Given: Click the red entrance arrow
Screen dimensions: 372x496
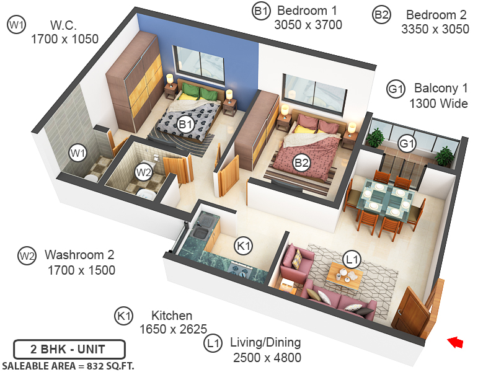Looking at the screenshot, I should [456, 342].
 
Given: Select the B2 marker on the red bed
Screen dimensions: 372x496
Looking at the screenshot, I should [301, 163].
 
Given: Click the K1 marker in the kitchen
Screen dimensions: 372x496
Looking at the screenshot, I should [244, 246].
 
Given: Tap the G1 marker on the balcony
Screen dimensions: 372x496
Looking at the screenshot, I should [407, 144].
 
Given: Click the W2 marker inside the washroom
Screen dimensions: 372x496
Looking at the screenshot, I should [144, 172].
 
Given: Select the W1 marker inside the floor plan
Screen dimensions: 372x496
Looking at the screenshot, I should [77, 153].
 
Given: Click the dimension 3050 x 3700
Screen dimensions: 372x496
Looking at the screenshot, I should [308, 25].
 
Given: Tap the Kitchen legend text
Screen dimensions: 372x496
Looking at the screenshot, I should [172, 316].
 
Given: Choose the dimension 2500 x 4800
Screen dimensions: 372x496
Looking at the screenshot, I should [267, 358].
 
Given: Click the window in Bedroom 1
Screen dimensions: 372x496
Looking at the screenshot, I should [198, 62].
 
